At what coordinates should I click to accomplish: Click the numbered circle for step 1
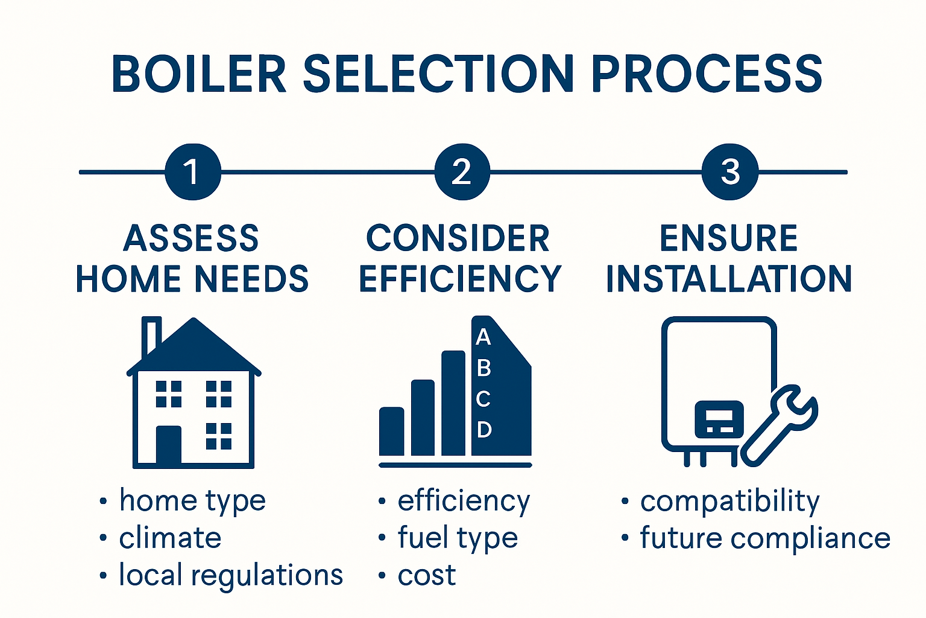193,172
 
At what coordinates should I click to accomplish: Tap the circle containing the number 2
462,172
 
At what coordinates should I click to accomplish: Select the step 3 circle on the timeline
730,172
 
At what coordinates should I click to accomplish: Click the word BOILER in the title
199,74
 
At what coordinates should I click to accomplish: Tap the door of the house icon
169,445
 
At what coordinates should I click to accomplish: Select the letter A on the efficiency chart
483,337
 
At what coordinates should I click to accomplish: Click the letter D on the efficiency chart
484,430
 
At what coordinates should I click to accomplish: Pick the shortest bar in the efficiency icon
391,431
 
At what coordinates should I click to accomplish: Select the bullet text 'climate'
170,538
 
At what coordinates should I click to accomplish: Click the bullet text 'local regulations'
230,575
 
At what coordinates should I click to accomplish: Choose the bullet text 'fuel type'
458,538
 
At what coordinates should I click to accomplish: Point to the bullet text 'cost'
426,575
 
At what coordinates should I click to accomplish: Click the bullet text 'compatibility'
729,501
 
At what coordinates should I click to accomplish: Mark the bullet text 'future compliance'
764,538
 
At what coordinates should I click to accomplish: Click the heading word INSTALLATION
729,279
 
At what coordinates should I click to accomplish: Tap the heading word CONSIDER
458,238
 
